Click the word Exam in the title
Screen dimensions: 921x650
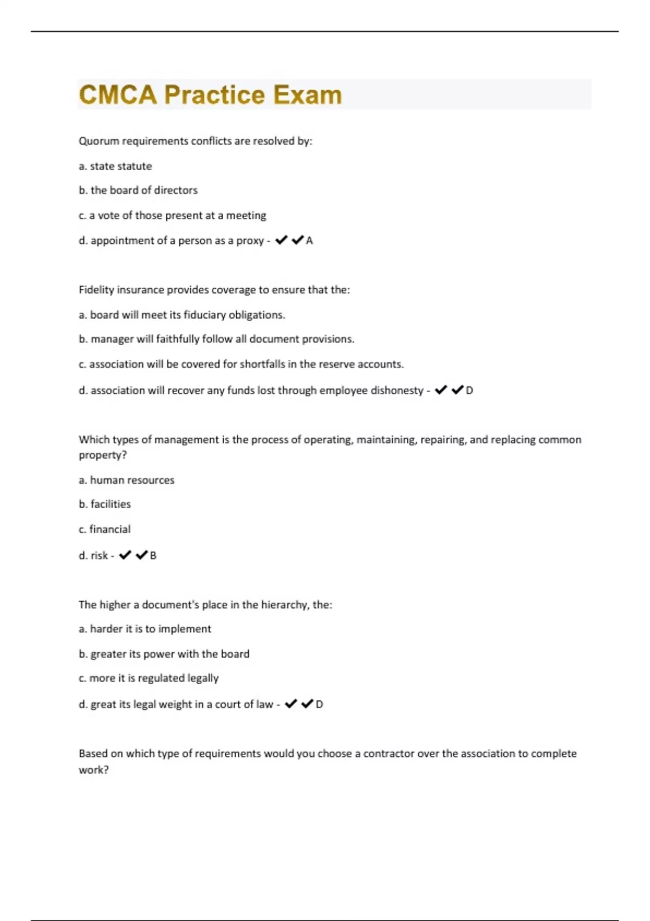click(307, 95)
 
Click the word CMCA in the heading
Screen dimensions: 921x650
click(118, 95)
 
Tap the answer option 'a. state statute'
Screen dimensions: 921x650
click(115, 166)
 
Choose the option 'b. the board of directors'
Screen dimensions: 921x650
click(138, 190)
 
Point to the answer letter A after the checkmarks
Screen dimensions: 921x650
click(309, 241)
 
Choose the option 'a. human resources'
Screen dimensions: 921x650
click(126, 480)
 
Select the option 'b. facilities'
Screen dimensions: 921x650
click(105, 504)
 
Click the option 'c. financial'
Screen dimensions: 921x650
click(105, 529)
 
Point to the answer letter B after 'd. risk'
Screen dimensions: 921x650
click(153, 556)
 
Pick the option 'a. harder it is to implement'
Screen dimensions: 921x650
click(145, 629)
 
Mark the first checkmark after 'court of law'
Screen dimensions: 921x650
click(291, 704)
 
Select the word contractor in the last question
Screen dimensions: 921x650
click(388, 754)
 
